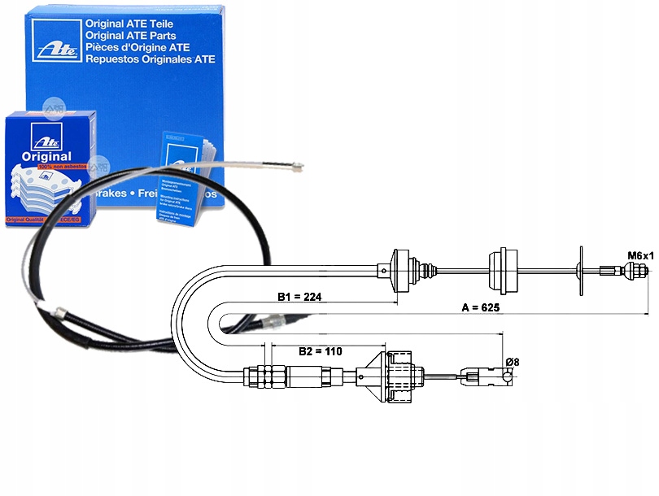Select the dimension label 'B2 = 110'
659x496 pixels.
(319, 351)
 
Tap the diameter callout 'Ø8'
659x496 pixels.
(513, 361)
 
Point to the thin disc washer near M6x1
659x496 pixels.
(581, 271)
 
